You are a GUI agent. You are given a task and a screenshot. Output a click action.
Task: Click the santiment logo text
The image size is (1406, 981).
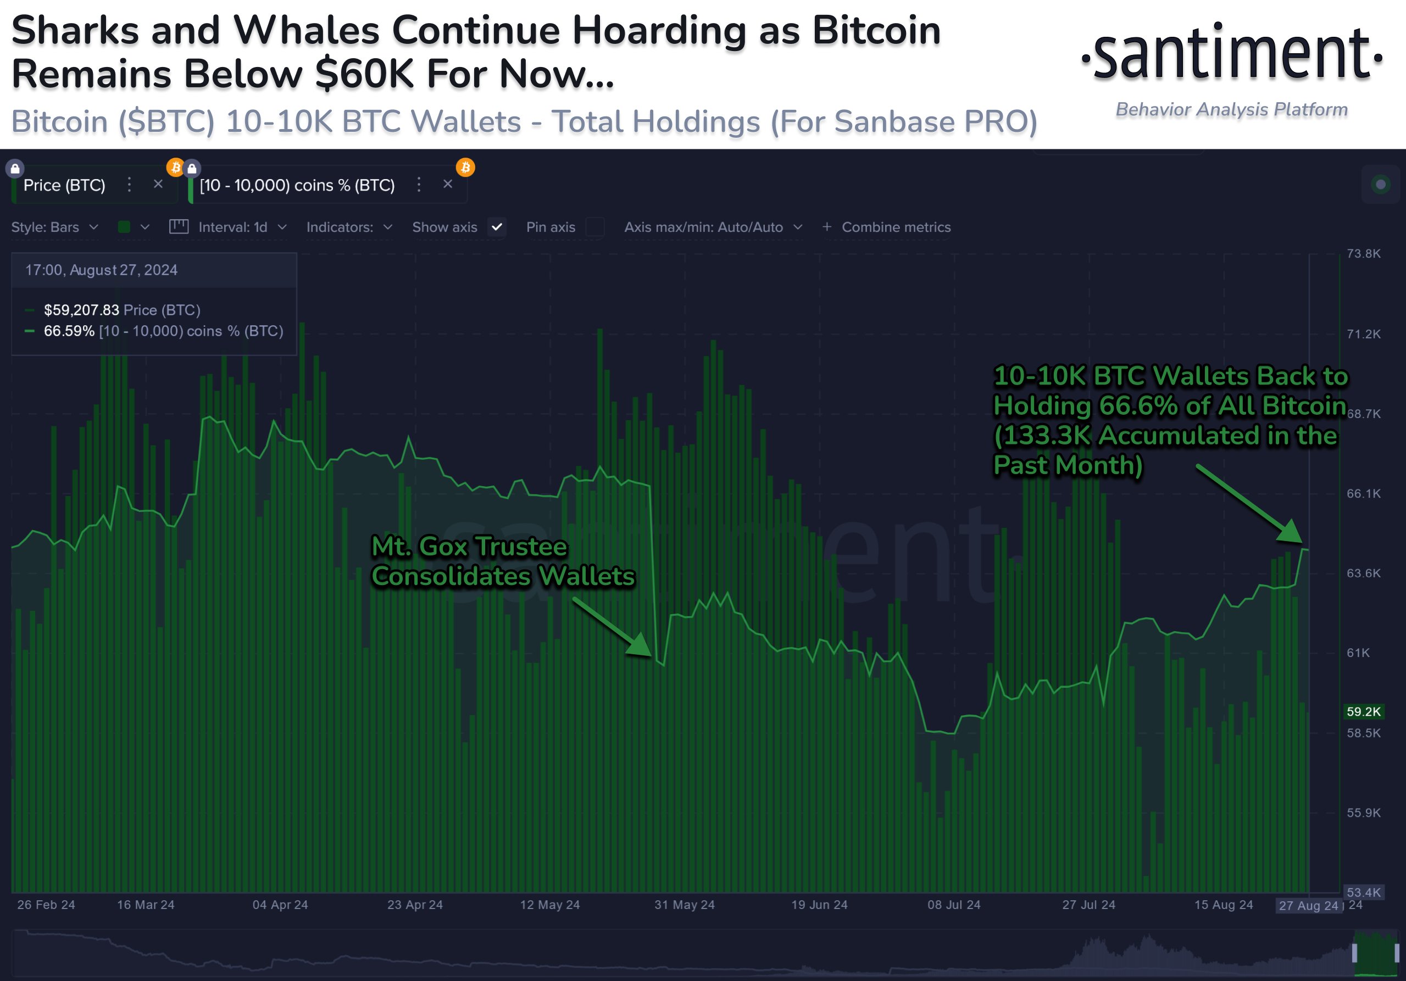[1231, 55]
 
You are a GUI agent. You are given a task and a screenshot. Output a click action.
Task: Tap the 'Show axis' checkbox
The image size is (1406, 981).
[497, 227]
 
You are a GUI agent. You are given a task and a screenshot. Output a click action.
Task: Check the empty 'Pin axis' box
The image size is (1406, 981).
[594, 227]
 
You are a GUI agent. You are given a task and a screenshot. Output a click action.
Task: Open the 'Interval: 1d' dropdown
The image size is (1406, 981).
[233, 227]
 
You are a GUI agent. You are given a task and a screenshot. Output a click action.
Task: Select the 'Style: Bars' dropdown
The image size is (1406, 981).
[54, 227]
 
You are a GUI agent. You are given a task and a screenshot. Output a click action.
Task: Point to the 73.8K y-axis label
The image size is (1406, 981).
[1363, 254]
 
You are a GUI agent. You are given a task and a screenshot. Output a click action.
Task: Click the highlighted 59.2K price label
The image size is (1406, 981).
[1363, 711]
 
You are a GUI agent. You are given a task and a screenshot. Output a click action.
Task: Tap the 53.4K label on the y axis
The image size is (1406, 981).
[1363, 892]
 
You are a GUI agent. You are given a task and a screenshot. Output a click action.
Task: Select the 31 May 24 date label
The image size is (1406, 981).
[684, 905]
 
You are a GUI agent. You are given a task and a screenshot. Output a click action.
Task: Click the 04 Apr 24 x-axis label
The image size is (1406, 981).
[280, 905]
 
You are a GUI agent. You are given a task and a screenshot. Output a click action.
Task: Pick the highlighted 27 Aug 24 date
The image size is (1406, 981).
[1308, 906]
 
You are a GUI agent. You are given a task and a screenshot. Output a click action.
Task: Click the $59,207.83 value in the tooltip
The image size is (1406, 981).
[81, 310]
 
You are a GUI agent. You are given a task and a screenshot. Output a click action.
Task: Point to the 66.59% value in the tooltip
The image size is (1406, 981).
[69, 331]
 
